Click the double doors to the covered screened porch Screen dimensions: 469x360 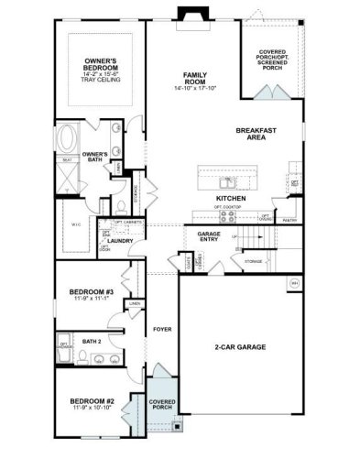271,93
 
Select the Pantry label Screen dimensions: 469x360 290,220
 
